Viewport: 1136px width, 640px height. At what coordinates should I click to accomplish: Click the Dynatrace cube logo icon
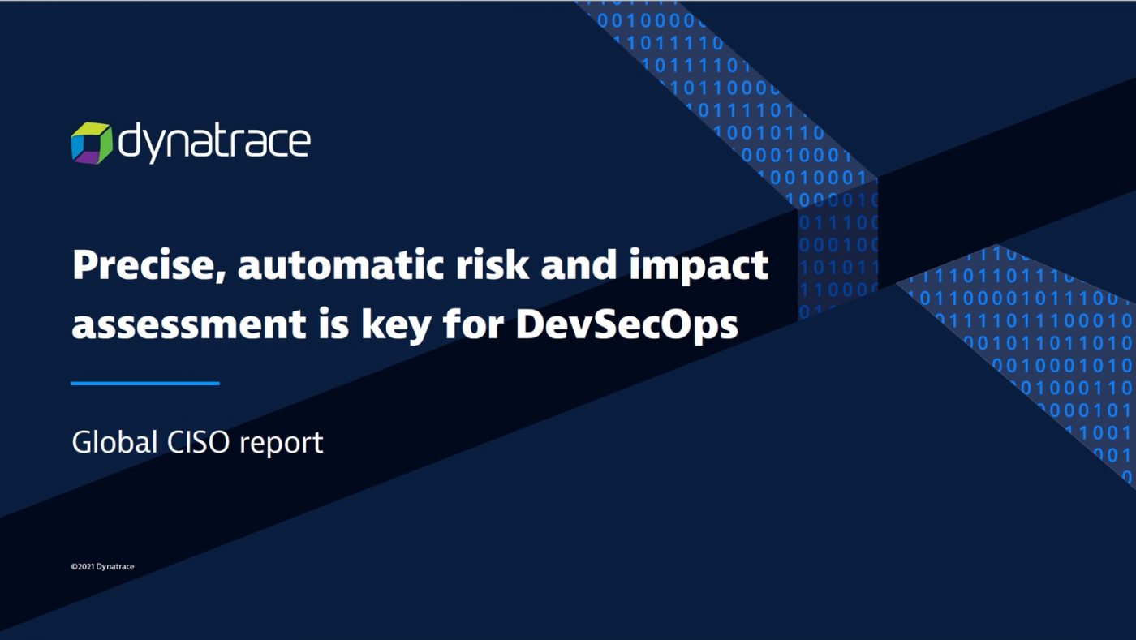[90, 143]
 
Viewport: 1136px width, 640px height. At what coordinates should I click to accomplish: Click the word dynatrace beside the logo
[214, 143]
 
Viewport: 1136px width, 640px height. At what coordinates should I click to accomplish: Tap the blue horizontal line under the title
[145, 383]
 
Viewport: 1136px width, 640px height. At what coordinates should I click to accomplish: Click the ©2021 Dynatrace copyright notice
[102, 566]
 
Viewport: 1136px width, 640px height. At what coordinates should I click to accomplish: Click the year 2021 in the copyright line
[85, 566]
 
